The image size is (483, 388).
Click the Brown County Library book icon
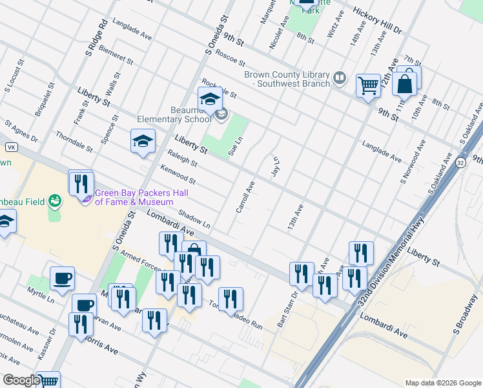[x=340, y=79]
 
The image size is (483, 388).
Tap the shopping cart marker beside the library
[x=368, y=85]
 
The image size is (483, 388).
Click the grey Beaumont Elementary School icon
[x=221, y=114]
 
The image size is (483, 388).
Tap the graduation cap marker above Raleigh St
[x=143, y=141]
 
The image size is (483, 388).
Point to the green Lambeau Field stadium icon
[x=56, y=202]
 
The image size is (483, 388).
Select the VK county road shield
[x=11, y=147]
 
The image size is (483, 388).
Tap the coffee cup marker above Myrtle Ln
[x=62, y=278]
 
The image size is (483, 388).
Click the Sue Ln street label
[x=236, y=146]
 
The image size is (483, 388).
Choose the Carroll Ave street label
[x=245, y=197]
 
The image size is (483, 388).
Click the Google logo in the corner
[x=21, y=380]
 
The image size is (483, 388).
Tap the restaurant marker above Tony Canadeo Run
[x=231, y=299]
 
